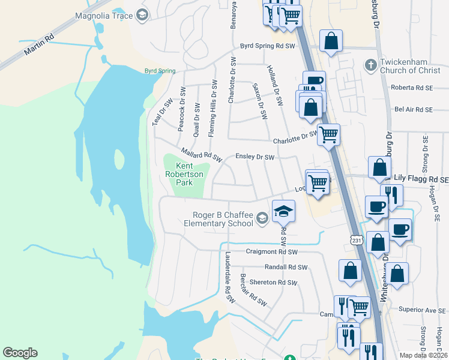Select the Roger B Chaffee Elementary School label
tap(223, 220)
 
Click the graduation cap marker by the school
tap(283, 211)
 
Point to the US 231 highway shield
tap(357, 240)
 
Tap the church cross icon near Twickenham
tap(371, 64)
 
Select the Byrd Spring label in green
tap(160, 71)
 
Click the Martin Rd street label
tap(39, 45)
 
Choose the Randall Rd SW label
tap(286, 268)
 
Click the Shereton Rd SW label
tap(274, 282)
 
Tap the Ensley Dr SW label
tap(255, 157)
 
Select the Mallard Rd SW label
tap(201, 155)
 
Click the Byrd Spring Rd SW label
tap(268, 46)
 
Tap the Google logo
tap(20, 353)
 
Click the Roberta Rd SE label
tap(411, 87)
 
